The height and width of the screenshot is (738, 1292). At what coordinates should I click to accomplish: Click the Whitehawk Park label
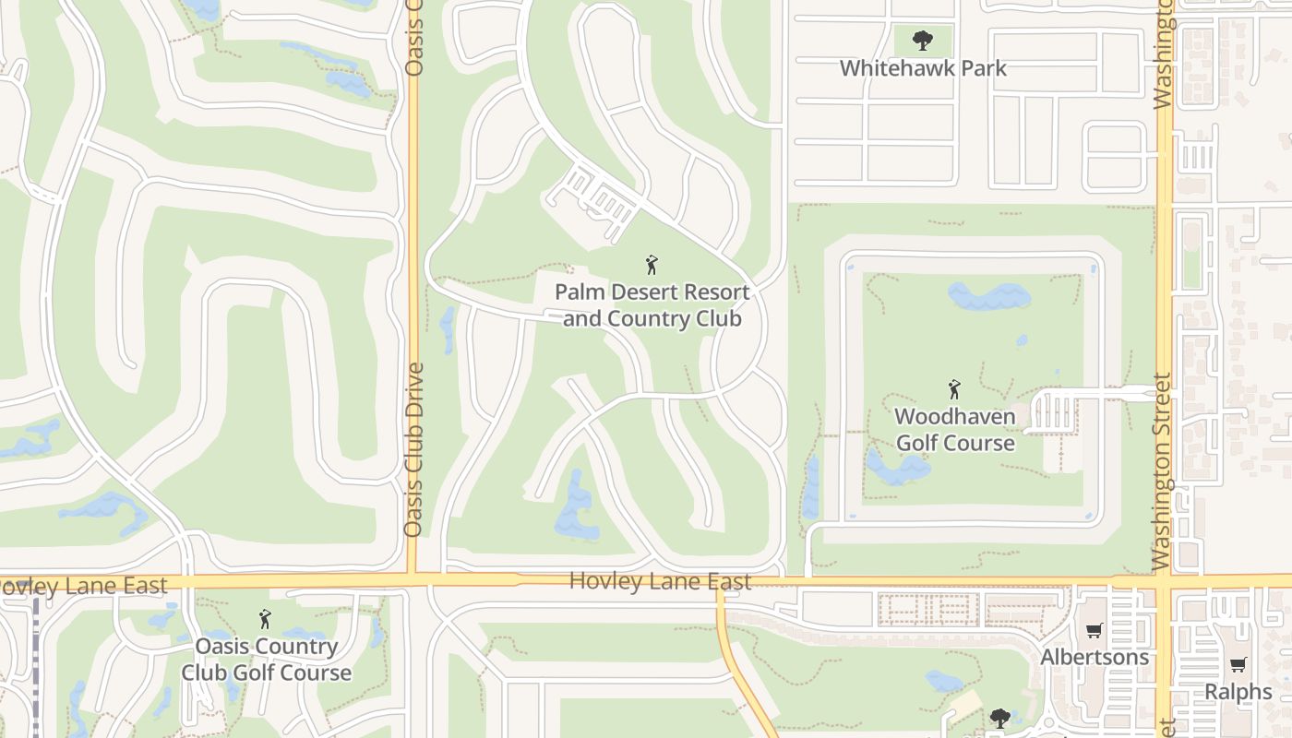[x=923, y=68]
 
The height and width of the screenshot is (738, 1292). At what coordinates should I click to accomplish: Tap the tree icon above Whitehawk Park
[x=922, y=41]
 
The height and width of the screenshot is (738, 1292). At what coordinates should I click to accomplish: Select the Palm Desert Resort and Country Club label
[x=652, y=305]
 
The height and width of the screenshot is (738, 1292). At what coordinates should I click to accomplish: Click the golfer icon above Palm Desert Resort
[x=652, y=266]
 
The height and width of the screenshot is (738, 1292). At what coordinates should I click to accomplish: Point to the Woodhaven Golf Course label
[x=955, y=429]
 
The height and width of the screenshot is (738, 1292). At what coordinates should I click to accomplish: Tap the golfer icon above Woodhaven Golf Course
[x=954, y=389]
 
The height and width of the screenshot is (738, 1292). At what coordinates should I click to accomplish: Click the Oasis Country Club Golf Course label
[x=266, y=659]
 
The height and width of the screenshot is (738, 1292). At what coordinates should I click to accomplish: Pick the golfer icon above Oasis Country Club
[x=265, y=619]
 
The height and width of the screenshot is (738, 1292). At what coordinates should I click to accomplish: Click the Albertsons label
[x=1095, y=657]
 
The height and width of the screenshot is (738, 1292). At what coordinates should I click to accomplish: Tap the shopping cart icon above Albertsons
[x=1095, y=631]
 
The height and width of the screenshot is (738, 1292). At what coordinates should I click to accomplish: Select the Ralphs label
[x=1238, y=691]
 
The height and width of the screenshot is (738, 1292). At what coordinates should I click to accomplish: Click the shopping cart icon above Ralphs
[x=1238, y=665]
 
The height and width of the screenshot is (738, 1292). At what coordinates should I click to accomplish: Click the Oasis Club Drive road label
[x=413, y=449]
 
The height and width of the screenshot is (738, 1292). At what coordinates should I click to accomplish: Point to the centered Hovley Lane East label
[x=660, y=581]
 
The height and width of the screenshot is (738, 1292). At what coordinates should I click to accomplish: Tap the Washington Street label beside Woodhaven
[x=1163, y=470]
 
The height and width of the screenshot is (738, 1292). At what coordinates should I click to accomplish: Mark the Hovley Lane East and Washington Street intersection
[x=1164, y=581]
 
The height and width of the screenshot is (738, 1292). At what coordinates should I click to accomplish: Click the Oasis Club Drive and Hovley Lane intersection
[x=413, y=581]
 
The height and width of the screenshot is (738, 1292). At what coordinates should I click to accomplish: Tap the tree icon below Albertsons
[x=999, y=717]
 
